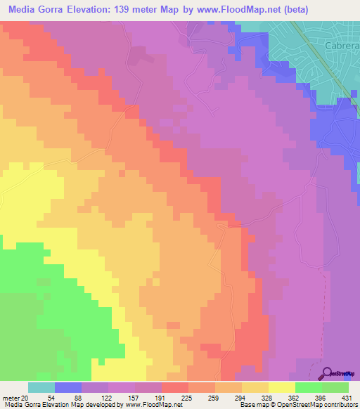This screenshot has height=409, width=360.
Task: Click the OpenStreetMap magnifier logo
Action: tap(328, 372)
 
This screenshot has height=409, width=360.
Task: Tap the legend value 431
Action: tap(345, 397)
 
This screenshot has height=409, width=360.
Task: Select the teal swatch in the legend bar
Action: tap(41, 387)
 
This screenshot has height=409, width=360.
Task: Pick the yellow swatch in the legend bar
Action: tap(281, 387)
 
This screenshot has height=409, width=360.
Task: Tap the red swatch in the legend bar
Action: tap(174, 387)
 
